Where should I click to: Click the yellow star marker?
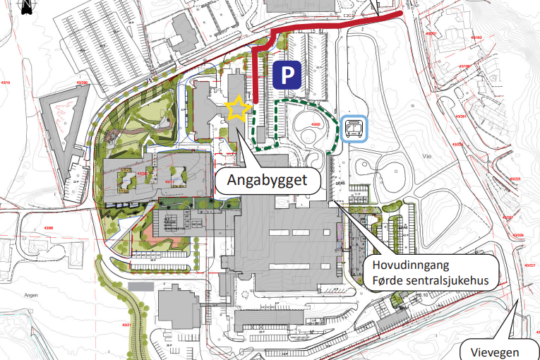(238, 109)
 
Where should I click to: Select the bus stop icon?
(354, 129)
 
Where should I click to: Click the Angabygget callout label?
(267, 181)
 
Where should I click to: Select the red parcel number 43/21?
(128, 324)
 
